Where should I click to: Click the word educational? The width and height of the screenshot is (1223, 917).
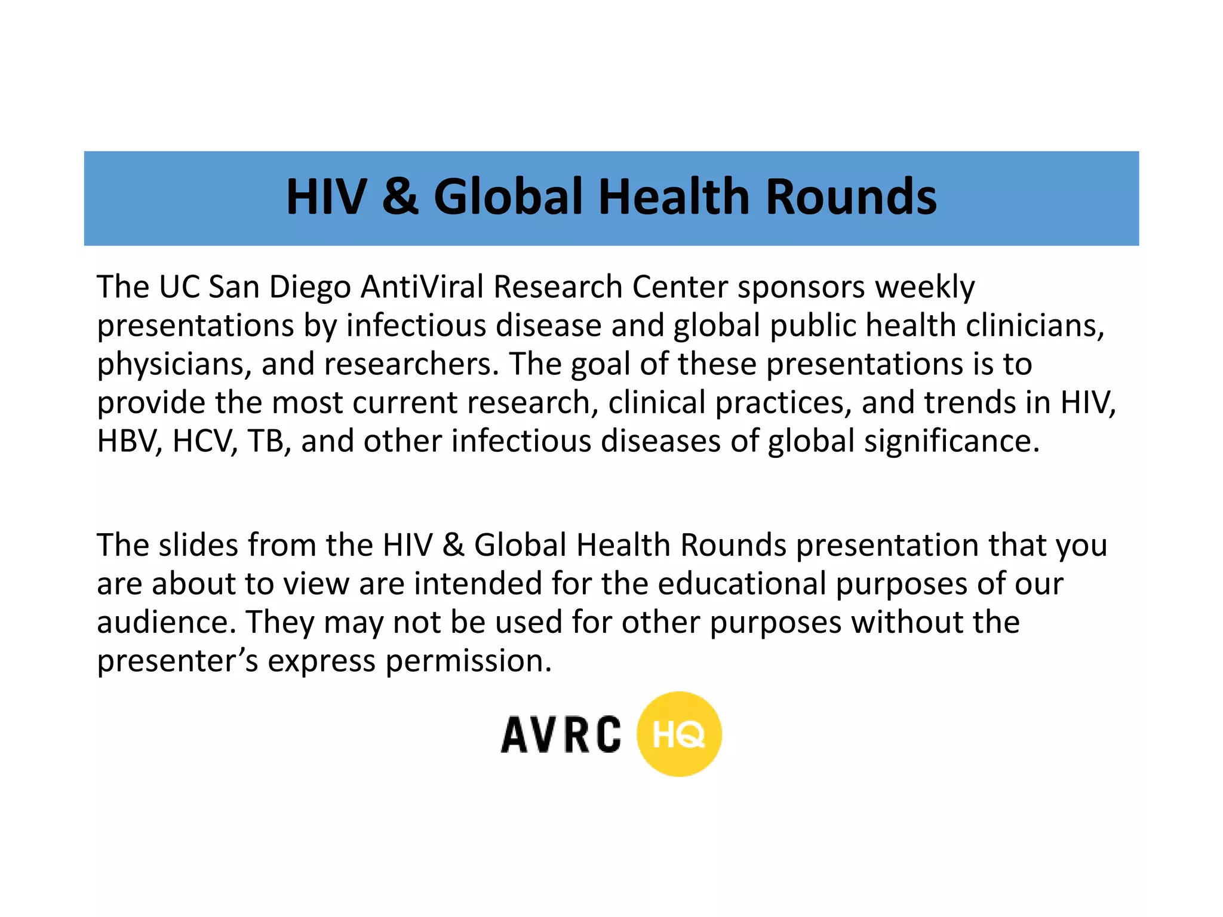(742, 584)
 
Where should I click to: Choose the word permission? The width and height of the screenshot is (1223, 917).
(468, 661)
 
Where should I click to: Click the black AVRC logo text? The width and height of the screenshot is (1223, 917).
(561, 734)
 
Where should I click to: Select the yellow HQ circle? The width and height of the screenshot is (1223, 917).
(679, 734)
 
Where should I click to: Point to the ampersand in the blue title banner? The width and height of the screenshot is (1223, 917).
(400, 197)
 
